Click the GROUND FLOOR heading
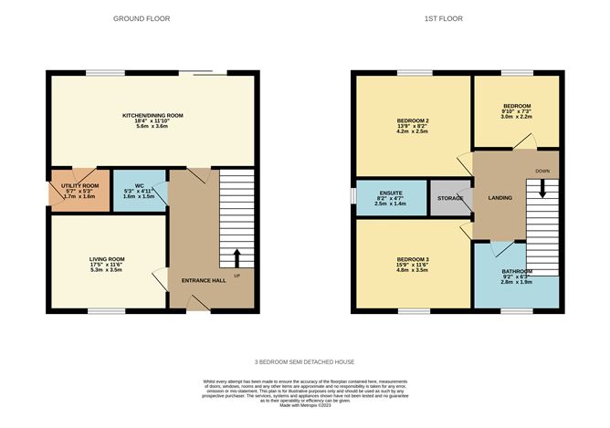[141, 18]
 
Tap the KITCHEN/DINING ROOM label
[153, 115]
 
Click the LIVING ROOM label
[107, 258]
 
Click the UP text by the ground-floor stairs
[237, 275]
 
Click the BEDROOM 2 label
[413, 120]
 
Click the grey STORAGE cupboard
[450, 198]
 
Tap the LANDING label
[500, 198]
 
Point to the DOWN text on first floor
[542, 170]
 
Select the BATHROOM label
[518, 272]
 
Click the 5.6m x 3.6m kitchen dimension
[153, 126]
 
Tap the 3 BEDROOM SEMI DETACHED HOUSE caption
[305, 362]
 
